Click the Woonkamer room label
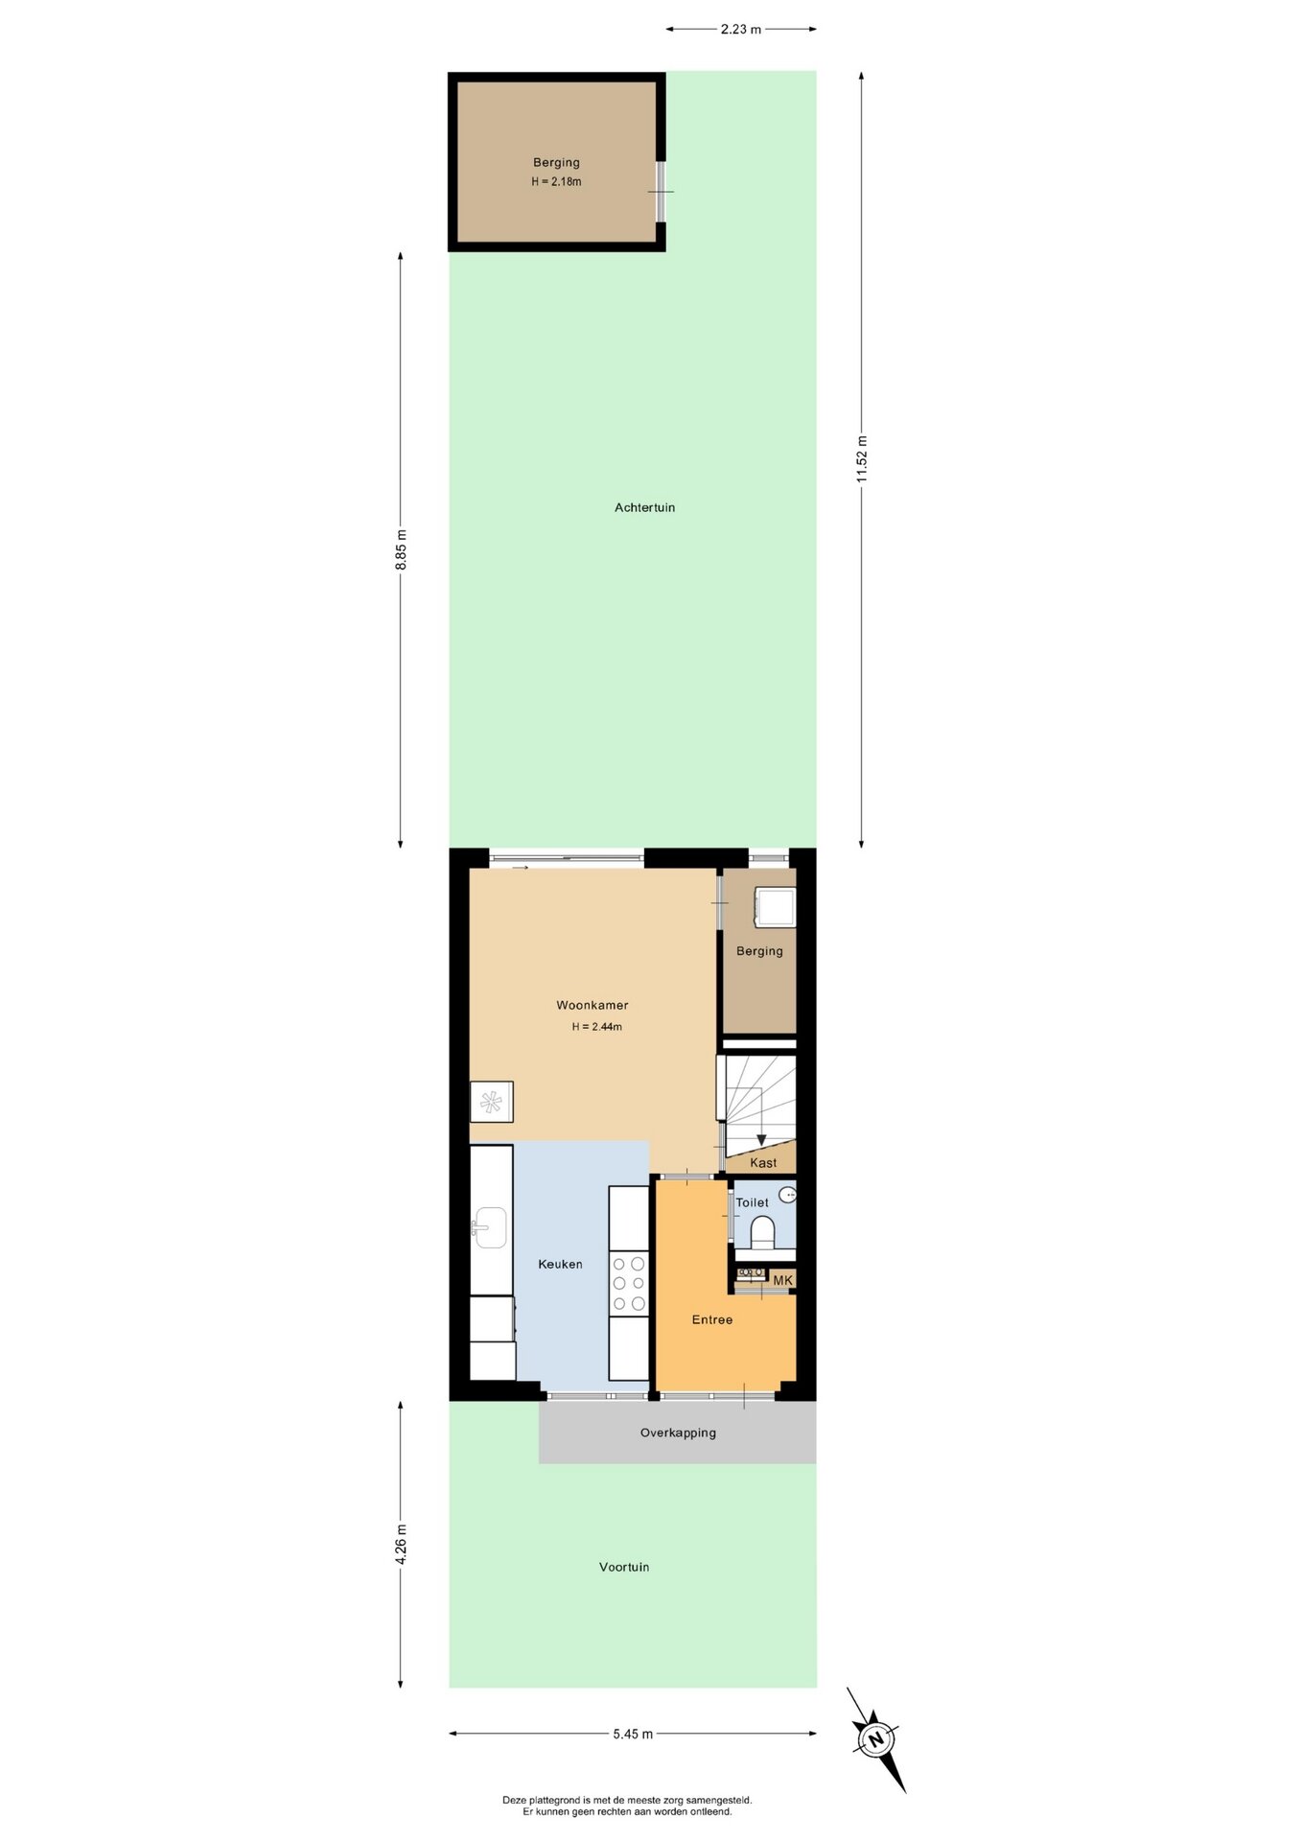click(593, 1005)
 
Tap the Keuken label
click(560, 1264)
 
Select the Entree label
click(712, 1319)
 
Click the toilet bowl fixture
click(762, 1232)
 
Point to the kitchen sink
click(490, 1227)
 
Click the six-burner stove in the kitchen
click(628, 1284)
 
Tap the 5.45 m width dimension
click(633, 1734)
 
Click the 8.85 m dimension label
click(401, 549)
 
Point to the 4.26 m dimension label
click(401, 1544)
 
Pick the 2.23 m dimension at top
click(741, 29)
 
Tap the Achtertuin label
click(645, 507)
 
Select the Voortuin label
click(624, 1567)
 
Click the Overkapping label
click(678, 1433)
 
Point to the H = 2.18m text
click(556, 181)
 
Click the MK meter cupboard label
click(783, 1280)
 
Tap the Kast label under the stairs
click(763, 1163)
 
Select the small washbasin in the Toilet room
click(787, 1195)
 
